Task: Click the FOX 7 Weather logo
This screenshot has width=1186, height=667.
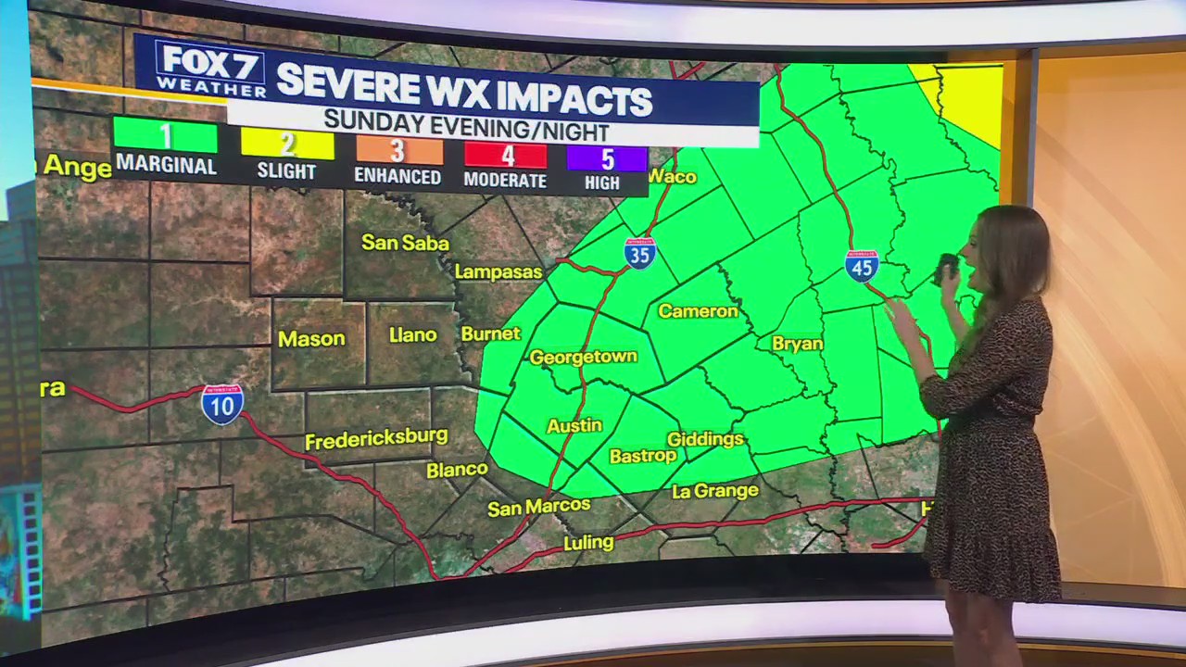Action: click(x=210, y=69)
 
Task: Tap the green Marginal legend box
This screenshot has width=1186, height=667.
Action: click(x=166, y=136)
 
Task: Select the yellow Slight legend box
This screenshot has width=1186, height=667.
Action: click(x=287, y=144)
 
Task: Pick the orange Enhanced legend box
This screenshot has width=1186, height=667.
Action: click(x=397, y=151)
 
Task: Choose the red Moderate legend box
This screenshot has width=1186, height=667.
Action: click(x=505, y=156)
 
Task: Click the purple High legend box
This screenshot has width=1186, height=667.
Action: click(x=606, y=158)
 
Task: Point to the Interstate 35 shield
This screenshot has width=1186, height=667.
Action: click(x=640, y=253)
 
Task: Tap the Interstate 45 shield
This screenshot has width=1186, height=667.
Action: click(x=862, y=266)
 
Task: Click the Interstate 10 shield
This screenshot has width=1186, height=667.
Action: click(x=222, y=405)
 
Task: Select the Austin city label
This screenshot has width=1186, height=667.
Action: click(x=574, y=426)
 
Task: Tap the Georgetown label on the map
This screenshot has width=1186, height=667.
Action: click(x=583, y=357)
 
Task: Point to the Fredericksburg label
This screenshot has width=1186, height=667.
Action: click(x=376, y=438)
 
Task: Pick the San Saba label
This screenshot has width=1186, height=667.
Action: click(x=405, y=243)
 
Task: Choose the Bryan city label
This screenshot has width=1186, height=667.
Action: click(x=797, y=344)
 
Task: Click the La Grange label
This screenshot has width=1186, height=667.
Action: click(x=714, y=491)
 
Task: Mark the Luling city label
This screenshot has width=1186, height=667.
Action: click(x=588, y=542)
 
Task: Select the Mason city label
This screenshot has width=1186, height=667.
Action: click(x=311, y=339)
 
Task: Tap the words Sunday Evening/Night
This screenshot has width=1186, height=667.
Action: click(x=466, y=125)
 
